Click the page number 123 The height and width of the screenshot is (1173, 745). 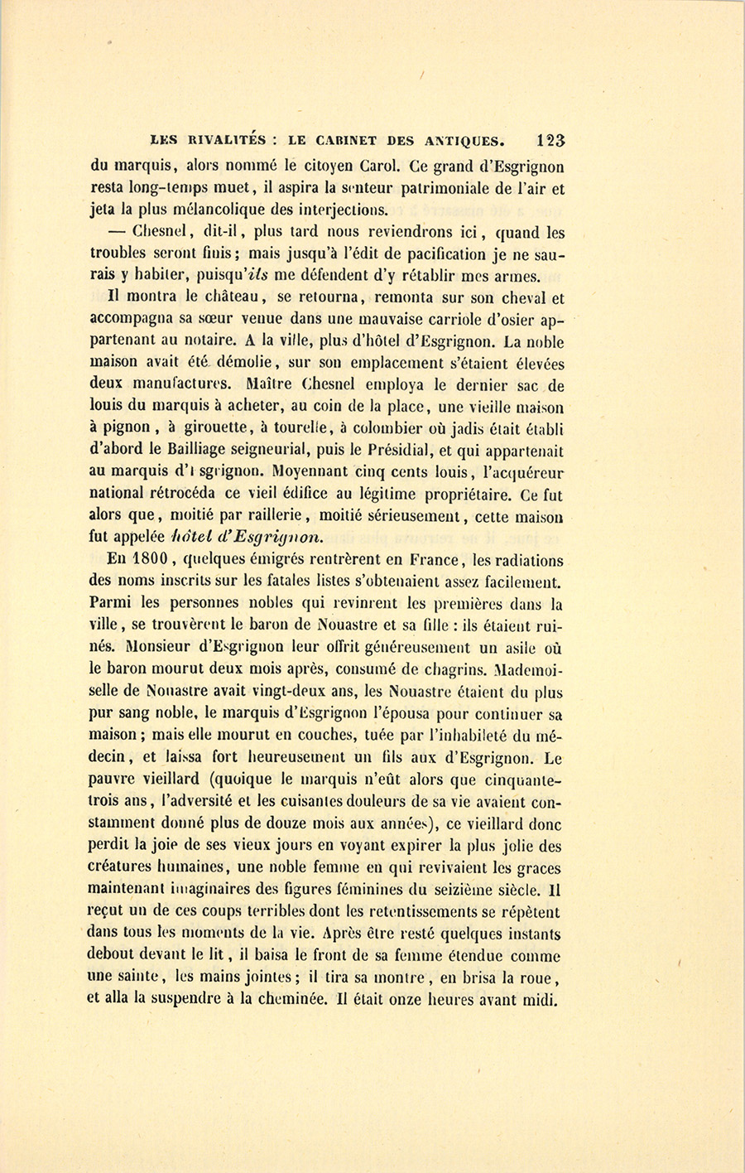pos(550,141)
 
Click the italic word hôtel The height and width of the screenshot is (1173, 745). pos(195,536)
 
